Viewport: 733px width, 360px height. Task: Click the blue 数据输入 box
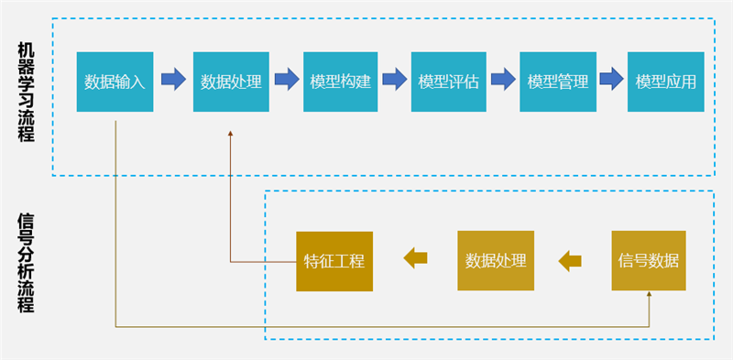[x=115, y=81]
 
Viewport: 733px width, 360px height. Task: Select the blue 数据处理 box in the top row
[x=231, y=81]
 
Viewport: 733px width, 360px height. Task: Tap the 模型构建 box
[x=340, y=81]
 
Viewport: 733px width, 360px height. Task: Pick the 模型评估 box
[x=448, y=81]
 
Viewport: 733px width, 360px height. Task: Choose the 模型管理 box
[x=557, y=81]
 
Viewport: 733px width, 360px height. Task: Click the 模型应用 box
[x=665, y=81]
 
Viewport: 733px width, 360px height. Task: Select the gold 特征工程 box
[x=334, y=260]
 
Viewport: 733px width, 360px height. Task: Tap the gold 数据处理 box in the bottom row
[x=496, y=260]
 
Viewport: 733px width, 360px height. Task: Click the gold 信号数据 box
[x=649, y=260]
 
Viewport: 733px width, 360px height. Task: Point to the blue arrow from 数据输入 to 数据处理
[x=173, y=80]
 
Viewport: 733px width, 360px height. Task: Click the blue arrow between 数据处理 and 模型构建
[x=287, y=80]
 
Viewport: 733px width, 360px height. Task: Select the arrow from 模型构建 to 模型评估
[x=394, y=80]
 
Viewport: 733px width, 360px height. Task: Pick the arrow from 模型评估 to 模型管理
[x=503, y=80]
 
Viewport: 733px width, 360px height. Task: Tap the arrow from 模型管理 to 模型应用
[x=611, y=80]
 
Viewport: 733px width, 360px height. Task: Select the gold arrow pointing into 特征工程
[x=416, y=260]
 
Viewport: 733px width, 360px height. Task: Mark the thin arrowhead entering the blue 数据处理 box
[x=231, y=134]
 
